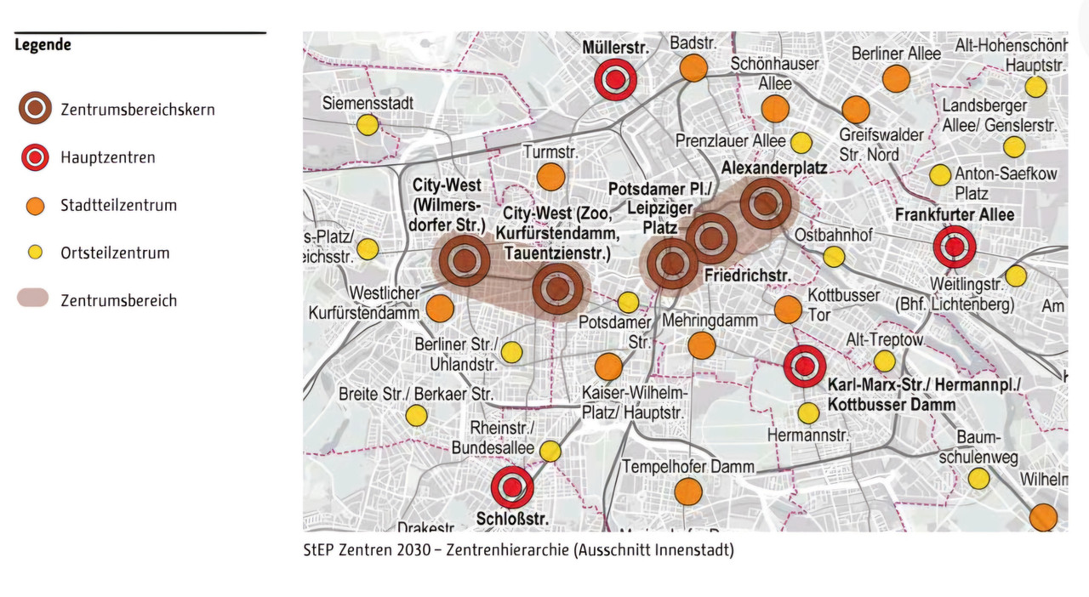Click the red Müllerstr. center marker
tap(615, 80)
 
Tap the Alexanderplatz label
tap(773, 168)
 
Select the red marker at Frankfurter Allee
tap(955, 247)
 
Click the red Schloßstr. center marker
tap(512, 487)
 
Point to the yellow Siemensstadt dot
tap(367, 125)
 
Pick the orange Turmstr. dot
tap(550, 177)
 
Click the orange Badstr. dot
tap(693, 67)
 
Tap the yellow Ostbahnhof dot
tap(834, 257)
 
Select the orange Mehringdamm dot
tap(701, 345)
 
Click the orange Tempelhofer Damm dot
tap(687, 492)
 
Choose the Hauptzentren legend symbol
tap(35, 157)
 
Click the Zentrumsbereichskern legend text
tap(137, 110)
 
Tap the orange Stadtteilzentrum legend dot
tap(35, 205)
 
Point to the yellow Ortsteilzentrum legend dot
tap(35, 253)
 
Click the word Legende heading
tap(43, 45)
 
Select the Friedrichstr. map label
tap(748, 276)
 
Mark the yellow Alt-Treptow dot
tap(885, 361)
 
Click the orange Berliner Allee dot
tap(896, 78)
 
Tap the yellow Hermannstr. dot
tap(808, 413)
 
